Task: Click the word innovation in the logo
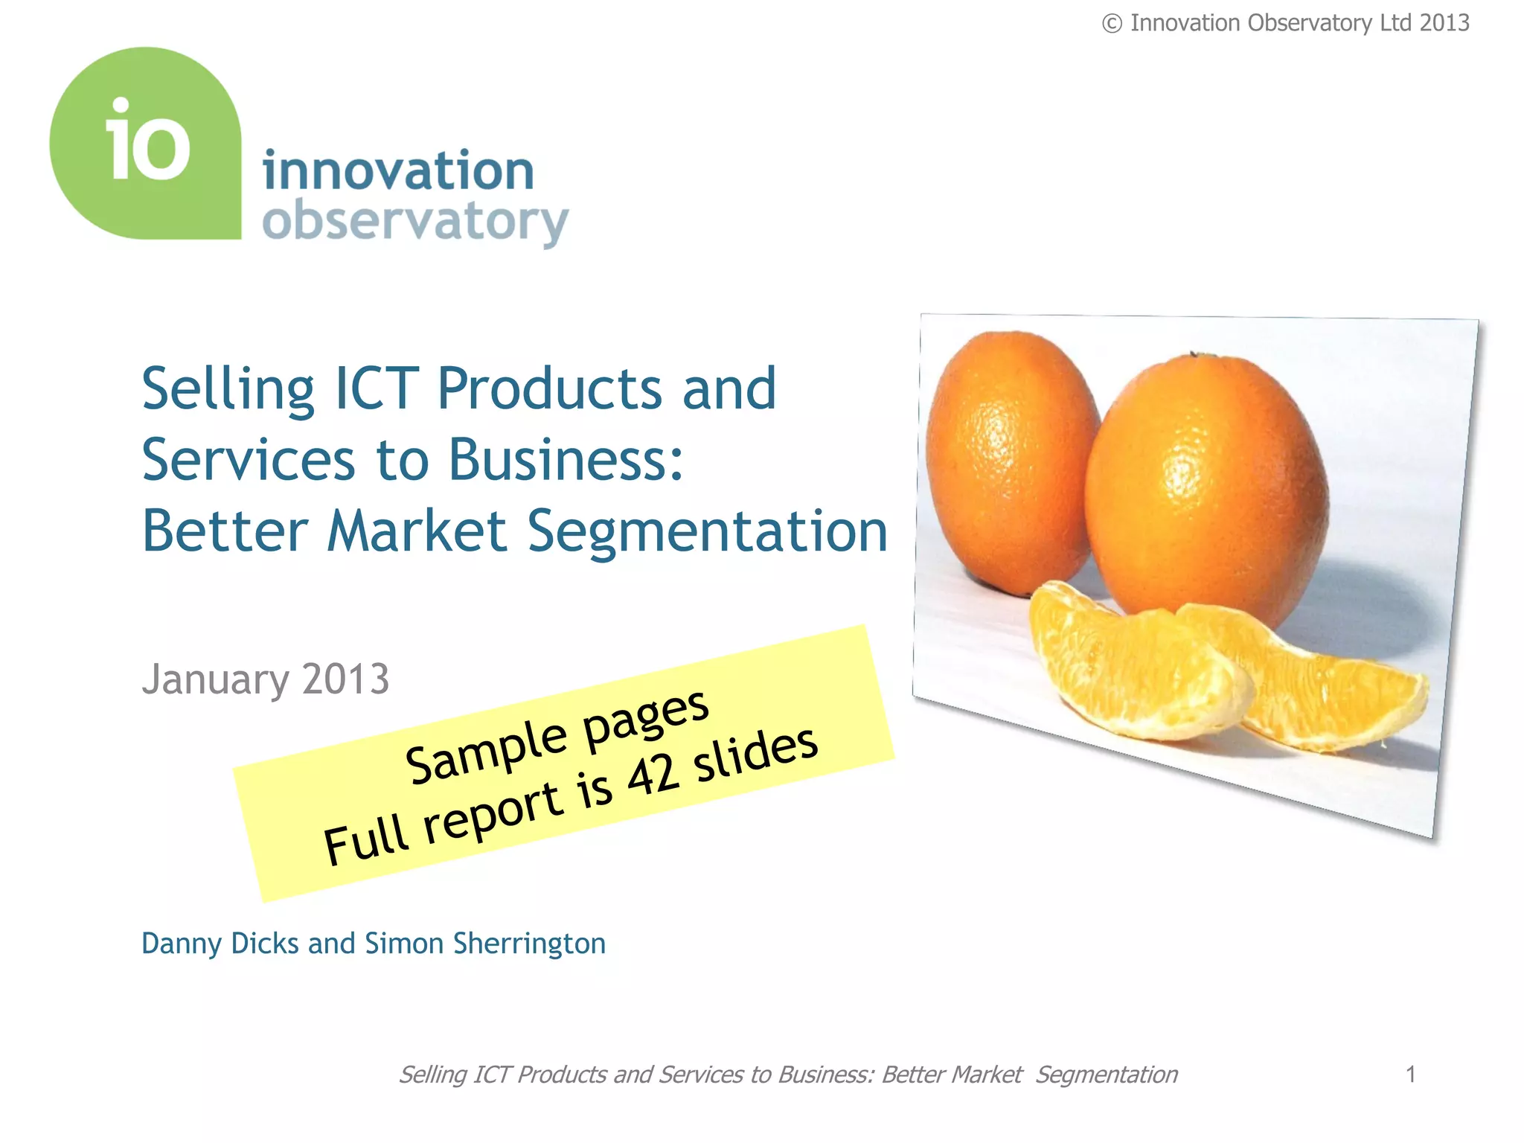click(398, 170)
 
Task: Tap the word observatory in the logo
click(415, 222)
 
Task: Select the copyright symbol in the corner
click(1112, 24)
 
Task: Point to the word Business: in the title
click(566, 459)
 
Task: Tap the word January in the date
click(216, 679)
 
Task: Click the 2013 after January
click(346, 679)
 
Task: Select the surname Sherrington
click(529, 944)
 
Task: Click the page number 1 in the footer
click(1410, 1074)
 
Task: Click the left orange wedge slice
click(1131, 670)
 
